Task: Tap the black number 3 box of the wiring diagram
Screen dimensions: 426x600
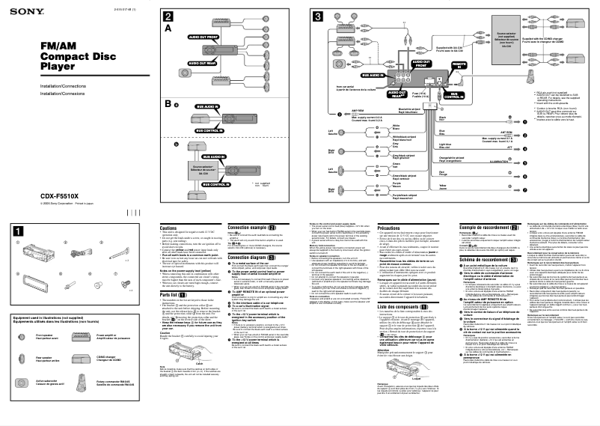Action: pyautogui.click(x=319, y=16)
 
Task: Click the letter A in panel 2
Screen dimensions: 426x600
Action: pyautogui.click(x=168, y=28)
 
